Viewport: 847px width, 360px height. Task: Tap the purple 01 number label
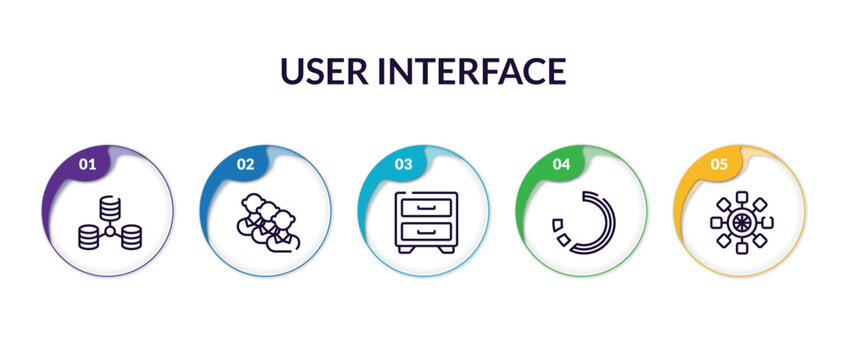click(88, 164)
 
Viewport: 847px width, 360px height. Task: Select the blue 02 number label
click(245, 164)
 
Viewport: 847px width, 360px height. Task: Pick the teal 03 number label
click(403, 164)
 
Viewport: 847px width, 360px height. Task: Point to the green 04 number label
click(561, 164)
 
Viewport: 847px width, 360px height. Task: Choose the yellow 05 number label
click(719, 164)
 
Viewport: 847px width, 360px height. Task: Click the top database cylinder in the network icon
click(110, 208)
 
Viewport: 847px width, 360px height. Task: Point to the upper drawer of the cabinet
click(427, 206)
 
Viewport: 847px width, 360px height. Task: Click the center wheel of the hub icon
click(741, 220)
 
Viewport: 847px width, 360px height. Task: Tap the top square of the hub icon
click(741, 194)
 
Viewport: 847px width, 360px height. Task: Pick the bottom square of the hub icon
click(741, 247)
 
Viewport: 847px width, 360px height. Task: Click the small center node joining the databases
click(110, 231)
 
